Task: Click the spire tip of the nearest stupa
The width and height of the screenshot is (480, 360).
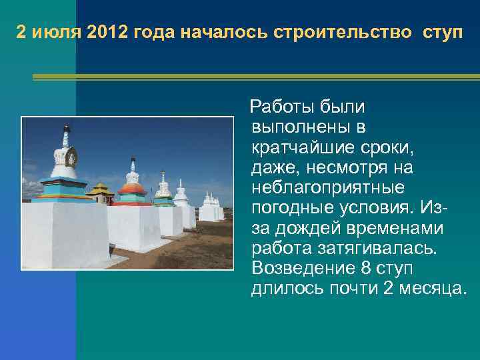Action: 65,126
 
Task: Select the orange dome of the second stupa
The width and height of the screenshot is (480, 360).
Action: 131,188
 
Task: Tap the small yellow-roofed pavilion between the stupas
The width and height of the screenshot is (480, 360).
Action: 101,193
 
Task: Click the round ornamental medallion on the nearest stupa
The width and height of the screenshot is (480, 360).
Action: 70,157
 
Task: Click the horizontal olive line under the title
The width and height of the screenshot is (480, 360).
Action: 257,77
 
